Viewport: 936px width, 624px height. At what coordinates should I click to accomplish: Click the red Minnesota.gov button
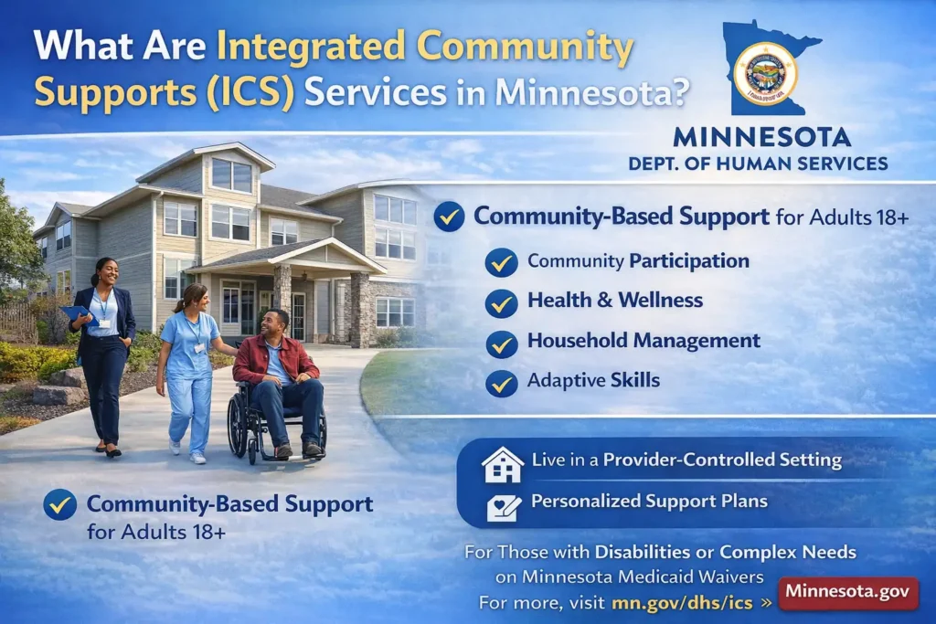(x=847, y=592)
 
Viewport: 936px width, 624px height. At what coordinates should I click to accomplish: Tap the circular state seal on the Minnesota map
(x=765, y=73)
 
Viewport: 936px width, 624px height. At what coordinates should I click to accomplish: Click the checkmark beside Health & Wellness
(x=501, y=301)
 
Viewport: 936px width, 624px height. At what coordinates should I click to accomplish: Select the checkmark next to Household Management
(x=501, y=343)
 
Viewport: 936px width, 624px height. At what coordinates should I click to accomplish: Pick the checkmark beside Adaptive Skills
(x=501, y=383)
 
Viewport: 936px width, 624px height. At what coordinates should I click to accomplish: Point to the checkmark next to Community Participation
(x=501, y=262)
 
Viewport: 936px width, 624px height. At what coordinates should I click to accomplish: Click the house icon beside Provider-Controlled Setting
(x=503, y=463)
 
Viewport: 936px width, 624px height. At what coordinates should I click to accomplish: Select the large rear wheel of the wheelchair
(x=242, y=424)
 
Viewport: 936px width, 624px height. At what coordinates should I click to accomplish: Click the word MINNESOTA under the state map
(x=761, y=138)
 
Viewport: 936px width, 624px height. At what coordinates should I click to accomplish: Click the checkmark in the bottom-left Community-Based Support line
(x=60, y=504)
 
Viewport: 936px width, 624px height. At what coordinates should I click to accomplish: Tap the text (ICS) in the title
(x=243, y=92)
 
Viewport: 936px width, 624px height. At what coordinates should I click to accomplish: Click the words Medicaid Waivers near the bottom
(x=691, y=576)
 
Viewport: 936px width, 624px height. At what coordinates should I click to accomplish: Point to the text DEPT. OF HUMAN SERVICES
(x=758, y=164)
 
